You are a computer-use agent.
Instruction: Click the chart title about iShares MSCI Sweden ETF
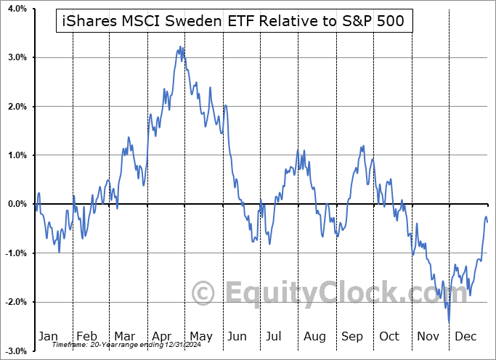(x=235, y=22)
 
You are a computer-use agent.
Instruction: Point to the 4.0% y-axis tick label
(x=16, y=9)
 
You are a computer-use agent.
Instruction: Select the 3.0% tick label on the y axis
(x=16, y=57)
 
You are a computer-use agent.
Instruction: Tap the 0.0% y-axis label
(x=16, y=204)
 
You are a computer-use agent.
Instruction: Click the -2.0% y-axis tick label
(x=15, y=302)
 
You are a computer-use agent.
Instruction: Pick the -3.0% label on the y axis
(x=15, y=351)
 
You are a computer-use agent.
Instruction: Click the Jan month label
(x=47, y=336)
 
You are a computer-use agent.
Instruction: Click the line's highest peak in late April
(x=181, y=47)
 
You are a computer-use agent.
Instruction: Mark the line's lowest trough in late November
(x=449, y=322)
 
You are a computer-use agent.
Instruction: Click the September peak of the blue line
(x=362, y=146)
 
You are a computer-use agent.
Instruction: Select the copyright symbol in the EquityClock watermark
(x=204, y=293)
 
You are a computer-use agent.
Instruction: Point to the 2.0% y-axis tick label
(x=16, y=107)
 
